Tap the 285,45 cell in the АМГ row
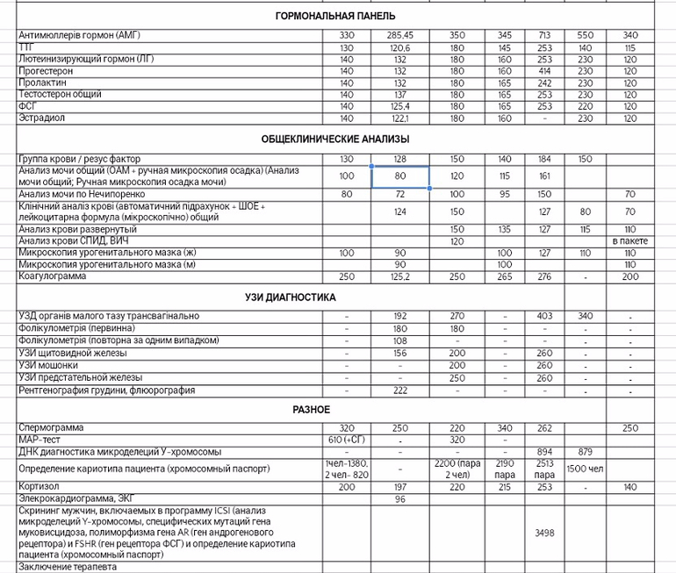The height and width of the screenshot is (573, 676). coord(399,35)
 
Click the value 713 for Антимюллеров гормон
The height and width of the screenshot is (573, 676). coord(544,35)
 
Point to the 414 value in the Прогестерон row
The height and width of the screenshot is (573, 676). coord(544,70)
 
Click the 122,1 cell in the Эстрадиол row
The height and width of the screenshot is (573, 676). coord(399,118)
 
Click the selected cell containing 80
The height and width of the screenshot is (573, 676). coord(399,175)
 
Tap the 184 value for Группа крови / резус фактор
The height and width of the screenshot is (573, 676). coord(544,159)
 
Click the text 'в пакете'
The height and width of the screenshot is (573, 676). coord(629,240)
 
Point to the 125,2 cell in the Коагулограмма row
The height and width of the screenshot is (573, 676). coord(399,276)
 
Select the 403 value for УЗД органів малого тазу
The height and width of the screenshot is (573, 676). coord(544,316)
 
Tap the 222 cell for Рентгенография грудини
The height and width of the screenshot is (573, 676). coord(399,390)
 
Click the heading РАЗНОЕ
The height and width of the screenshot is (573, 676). coord(312,410)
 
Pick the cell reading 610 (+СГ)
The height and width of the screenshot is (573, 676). coord(346,440)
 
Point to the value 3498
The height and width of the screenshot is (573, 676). coord(544,532)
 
